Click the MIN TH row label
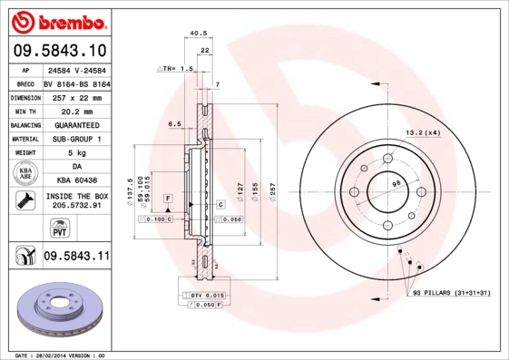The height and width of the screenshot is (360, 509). [25, 109]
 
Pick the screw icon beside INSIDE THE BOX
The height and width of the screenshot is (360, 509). [24, 200]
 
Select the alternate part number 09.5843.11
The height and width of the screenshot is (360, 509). [75, 257]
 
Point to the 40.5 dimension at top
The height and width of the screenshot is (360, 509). [197, 34]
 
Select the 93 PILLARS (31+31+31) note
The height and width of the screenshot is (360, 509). [450, 294]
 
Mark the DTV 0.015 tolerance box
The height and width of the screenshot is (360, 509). [206, 297]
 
